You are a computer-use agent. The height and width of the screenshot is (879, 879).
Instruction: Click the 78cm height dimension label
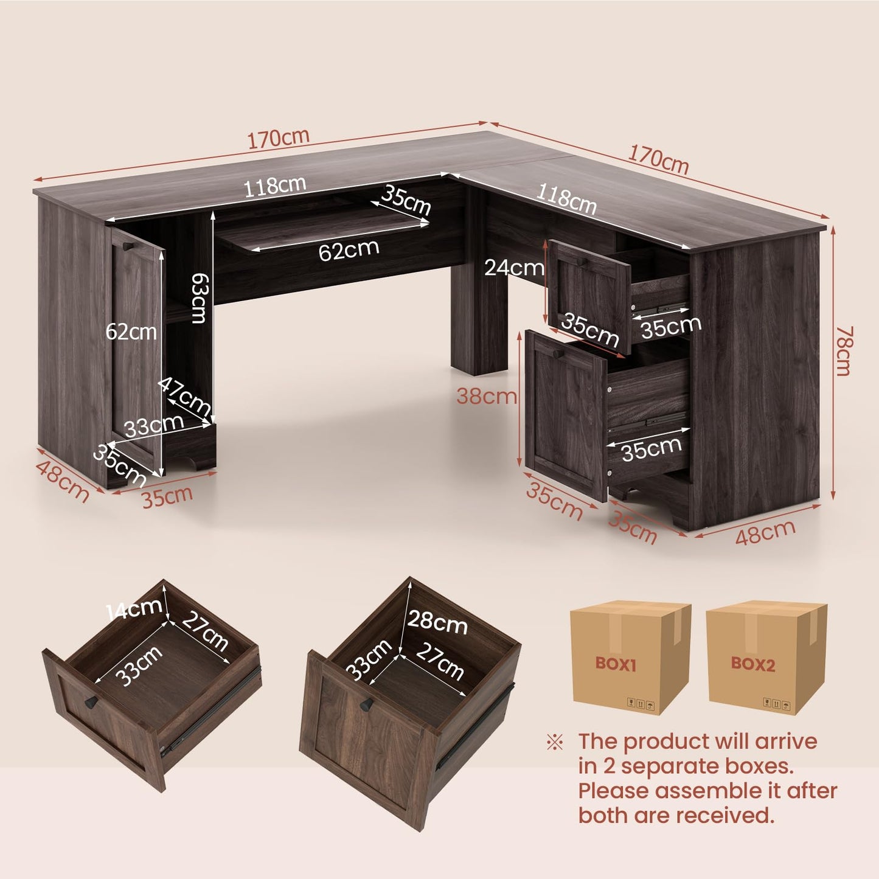click(x=843, y=351)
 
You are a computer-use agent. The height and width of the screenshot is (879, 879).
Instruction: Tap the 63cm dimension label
click(x=199, y=298)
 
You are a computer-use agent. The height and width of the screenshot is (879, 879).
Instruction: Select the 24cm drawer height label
click(x=514, y=268)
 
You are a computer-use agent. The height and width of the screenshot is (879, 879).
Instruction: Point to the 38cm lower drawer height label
click(x=486, y=397)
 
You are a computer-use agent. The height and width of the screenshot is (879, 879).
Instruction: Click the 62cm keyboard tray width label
click(x=349, y=250)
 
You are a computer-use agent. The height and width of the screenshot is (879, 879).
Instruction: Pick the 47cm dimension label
click(x=185, y=396)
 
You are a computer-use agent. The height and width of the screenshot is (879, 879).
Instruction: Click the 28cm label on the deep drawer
click(x=437, y=621)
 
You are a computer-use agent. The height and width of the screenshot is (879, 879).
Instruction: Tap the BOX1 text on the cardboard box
click(x=616, y=664)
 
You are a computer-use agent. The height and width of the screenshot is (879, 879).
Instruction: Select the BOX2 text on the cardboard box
click(x=752, y=664)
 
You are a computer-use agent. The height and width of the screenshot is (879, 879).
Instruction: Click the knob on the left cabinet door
click(x=127, y=246)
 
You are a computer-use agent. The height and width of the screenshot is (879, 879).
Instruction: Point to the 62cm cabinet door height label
click(x=131, y=332)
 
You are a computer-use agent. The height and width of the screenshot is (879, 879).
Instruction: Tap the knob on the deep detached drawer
click(x=366, y=705)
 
